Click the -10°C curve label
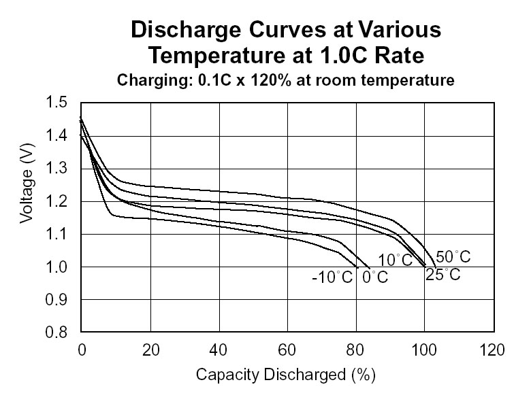pyautogui.click(x=334, y=277)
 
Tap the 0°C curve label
pyautogui.click(x=374, y=277)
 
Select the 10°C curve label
pyautogui.click(x=396, y=260)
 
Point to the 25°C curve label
pyautogui.click(x=443, y=275)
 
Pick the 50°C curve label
pyautogui.click(x=453, y=257)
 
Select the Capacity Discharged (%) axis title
pyautogui.click(x=286, y=375)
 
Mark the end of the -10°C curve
pyautogui.click(x=357, y=267)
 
